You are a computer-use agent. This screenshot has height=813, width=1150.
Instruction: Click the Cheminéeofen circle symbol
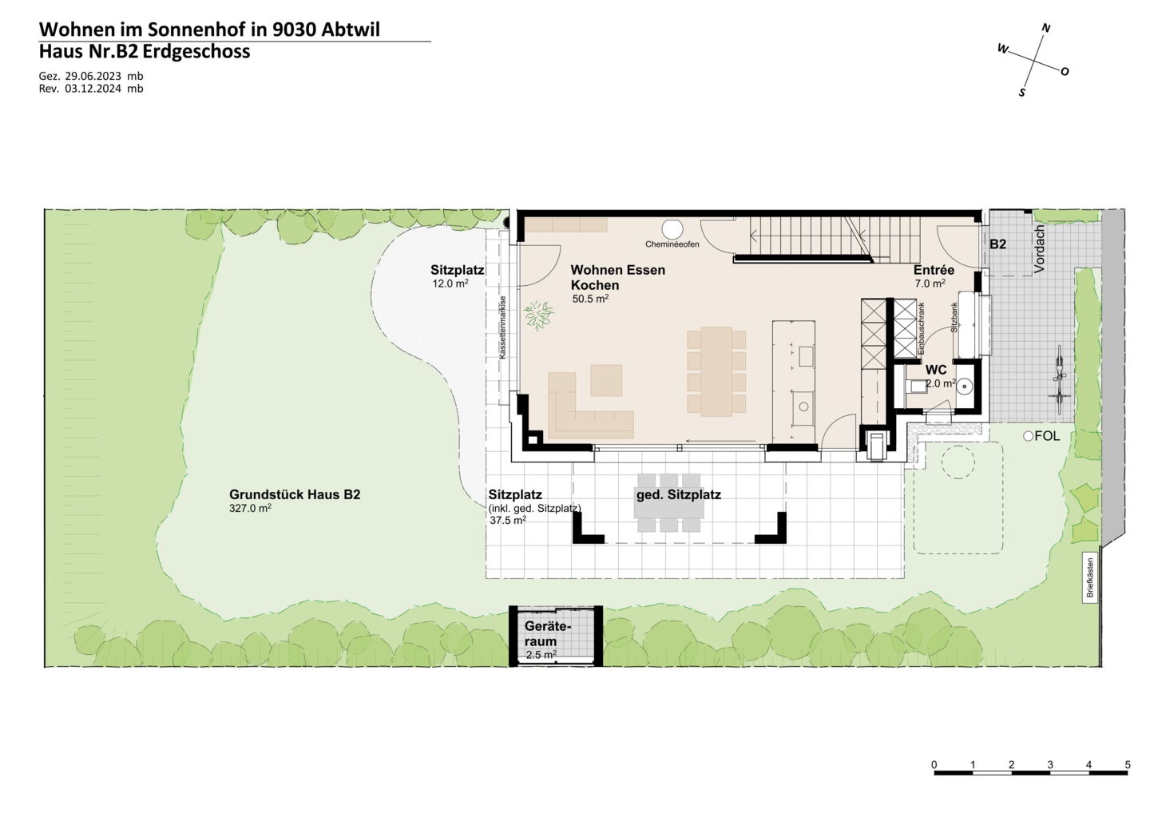pos(672,229)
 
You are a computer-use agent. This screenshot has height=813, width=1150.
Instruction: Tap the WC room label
pos(936,370)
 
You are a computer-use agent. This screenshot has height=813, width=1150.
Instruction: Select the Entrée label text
pos(934,270)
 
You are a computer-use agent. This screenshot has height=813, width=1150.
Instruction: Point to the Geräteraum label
pos(548,634)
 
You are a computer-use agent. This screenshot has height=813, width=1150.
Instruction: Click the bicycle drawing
pos(1060,380)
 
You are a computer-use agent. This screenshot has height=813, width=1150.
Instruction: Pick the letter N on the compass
pos(1046,28)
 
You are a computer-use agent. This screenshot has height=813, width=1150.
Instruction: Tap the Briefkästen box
pos(1090,578)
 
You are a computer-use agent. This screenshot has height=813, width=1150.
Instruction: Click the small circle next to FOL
pos(1029,436)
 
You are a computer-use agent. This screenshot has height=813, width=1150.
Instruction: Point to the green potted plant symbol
pos(539,315)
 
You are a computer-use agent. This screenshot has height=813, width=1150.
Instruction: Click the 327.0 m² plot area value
pos(251,508)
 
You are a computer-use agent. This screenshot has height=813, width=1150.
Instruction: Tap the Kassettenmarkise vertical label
pos(502,327)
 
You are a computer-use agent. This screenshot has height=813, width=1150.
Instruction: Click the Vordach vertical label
pos(1039,249)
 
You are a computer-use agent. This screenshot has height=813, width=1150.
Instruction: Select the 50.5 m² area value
pos(590,298)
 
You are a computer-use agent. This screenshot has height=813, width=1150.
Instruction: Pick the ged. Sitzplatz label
pos(679,495)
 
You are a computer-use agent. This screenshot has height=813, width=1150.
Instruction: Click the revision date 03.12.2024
pos(93,89)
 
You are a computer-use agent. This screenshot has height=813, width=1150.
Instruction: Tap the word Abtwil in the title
pos(351,30)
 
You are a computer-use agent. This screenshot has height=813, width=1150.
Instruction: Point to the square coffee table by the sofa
pos(606,380)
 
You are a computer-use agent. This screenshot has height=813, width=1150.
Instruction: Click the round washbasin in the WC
pos(964,386)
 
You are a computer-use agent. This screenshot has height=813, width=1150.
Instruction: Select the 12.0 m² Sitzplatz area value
pos(450,284)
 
